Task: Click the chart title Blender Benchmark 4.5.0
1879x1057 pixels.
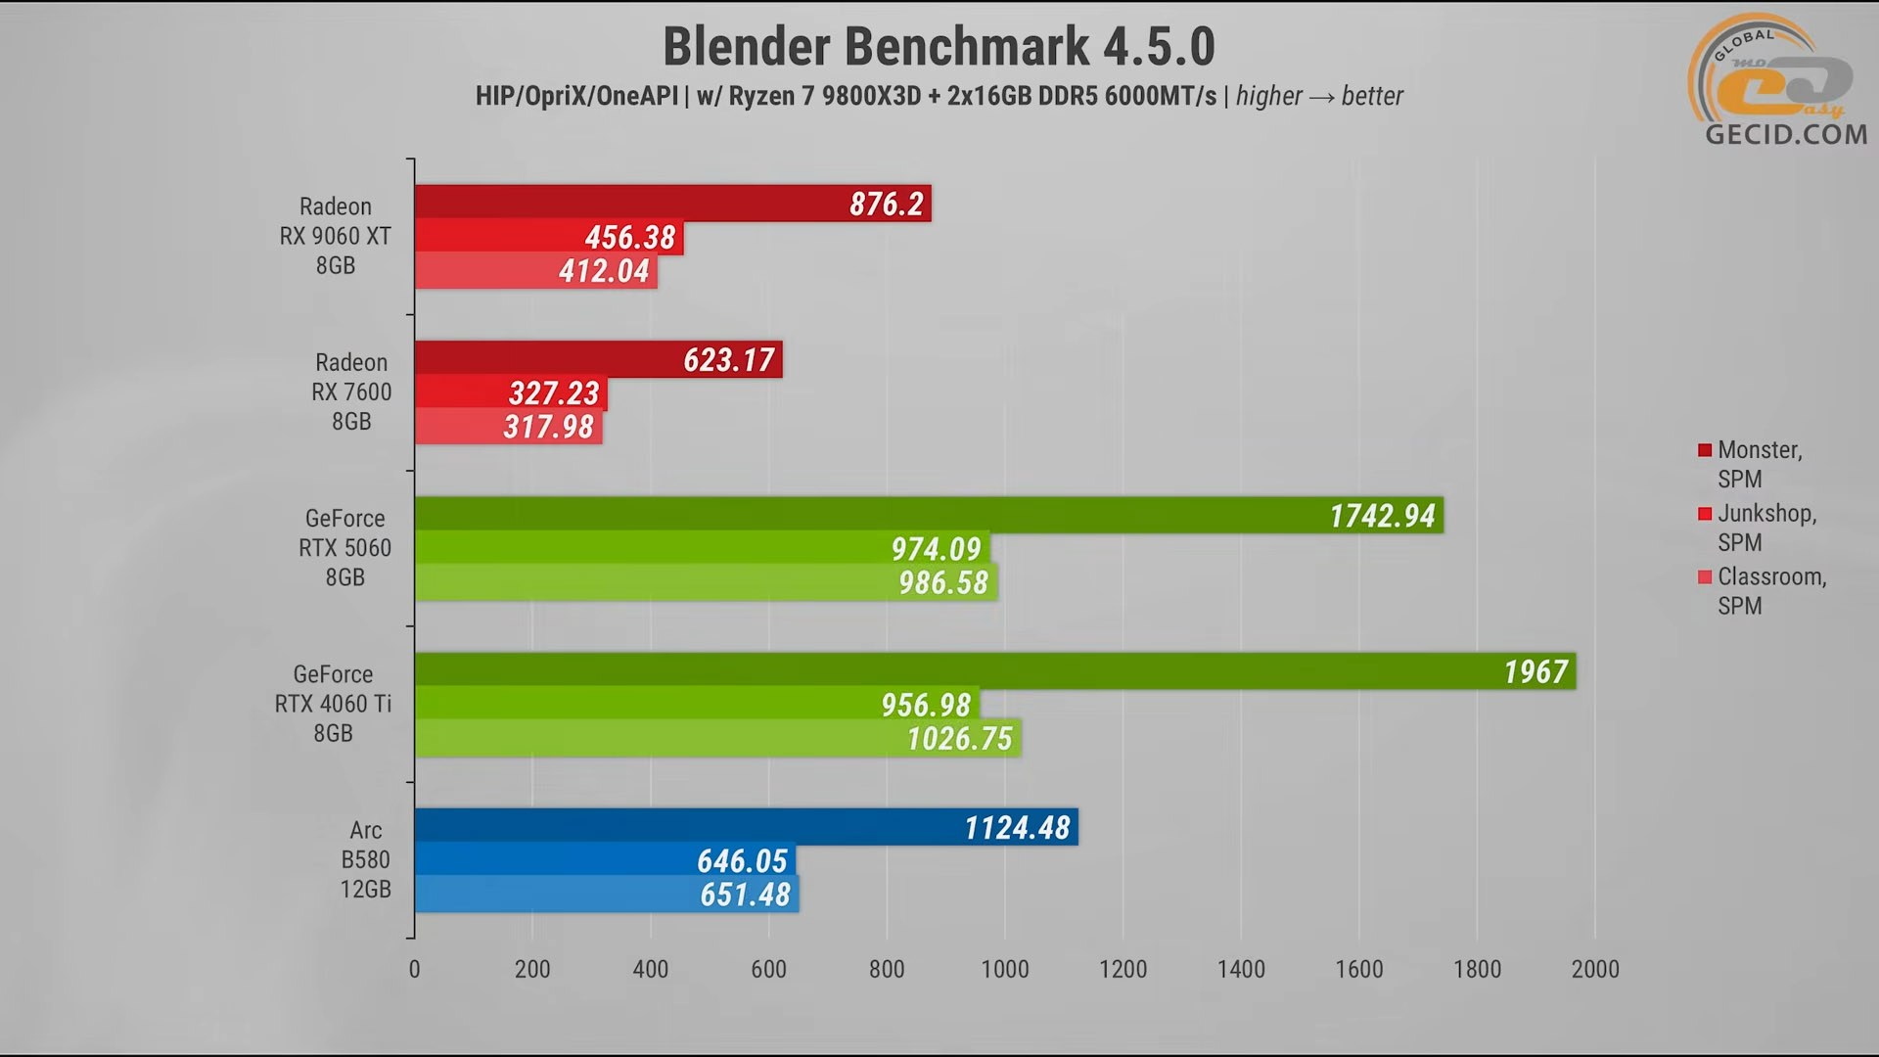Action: (939, 46)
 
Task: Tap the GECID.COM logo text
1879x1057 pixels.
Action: (1786, 134)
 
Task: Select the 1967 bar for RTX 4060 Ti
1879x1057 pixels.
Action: (994, 671)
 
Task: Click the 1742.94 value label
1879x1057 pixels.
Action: (1382, 516)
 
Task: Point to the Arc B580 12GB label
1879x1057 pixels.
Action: (365, 859)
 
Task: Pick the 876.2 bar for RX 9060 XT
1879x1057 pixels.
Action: (672, 204)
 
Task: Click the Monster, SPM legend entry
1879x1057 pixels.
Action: (1759, 464)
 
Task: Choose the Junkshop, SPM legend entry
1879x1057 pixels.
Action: (1765, 528)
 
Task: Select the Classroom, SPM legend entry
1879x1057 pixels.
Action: (1770, 591)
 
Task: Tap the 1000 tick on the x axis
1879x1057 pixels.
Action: (1005, 969)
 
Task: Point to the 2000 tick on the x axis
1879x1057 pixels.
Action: (1595, 969)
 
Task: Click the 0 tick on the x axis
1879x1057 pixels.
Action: (414, 969)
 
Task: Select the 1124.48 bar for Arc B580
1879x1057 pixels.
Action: (746, 827)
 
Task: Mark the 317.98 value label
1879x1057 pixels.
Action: (548, 427)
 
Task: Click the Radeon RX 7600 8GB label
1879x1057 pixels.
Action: (351, 391)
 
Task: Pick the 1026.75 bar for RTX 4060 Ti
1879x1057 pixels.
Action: (717, 738)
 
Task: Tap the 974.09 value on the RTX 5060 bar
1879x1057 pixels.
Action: (936, 549)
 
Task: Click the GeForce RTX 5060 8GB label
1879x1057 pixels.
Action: (344, 547)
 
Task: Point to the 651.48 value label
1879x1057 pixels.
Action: (745, 895)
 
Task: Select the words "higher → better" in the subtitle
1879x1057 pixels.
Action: (1319, 96)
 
